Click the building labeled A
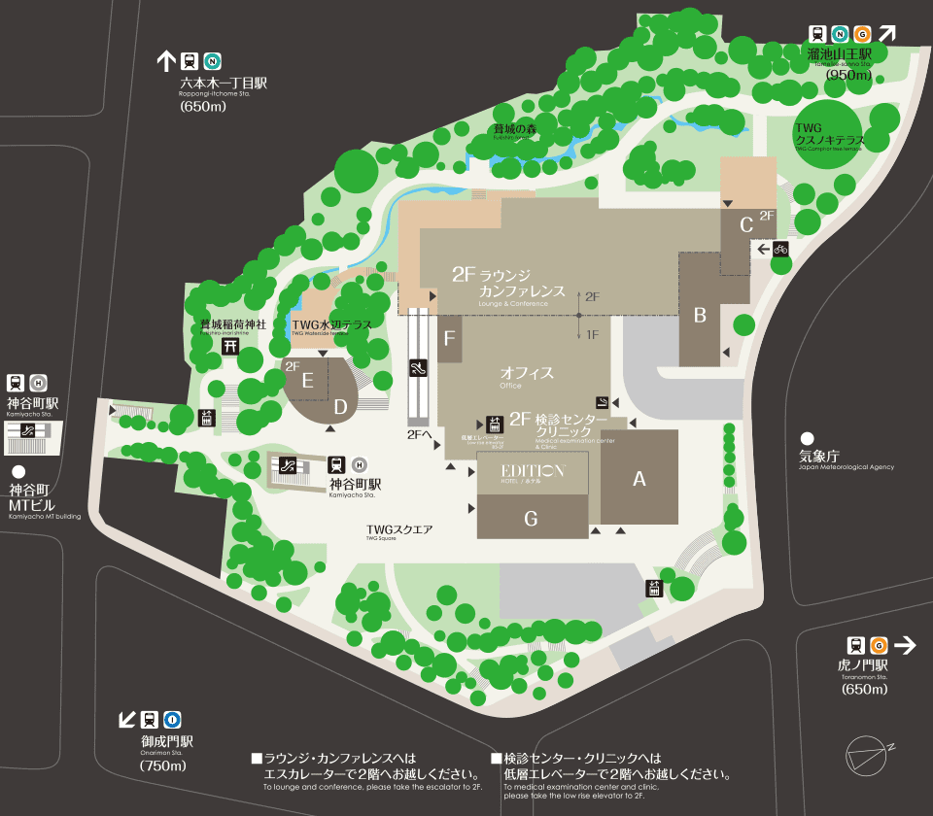(x=639, y=477)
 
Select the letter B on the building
(x=699, y=314)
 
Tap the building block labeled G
(x=531, y=519)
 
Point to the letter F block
(x=449, y=339)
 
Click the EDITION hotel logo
(x=533, y=471)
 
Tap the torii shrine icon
(x=231, y=346)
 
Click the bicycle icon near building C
(x=780, y=249)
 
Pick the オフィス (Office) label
(x=527, y=373)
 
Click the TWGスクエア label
(x=399, y=530)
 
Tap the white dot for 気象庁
(x=807, y=439)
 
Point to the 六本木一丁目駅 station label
(x=223, y=84)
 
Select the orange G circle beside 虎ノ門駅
(x=879, y=645)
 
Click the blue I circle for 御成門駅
(x=173, y=720)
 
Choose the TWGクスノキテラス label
(x=824, y=134)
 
